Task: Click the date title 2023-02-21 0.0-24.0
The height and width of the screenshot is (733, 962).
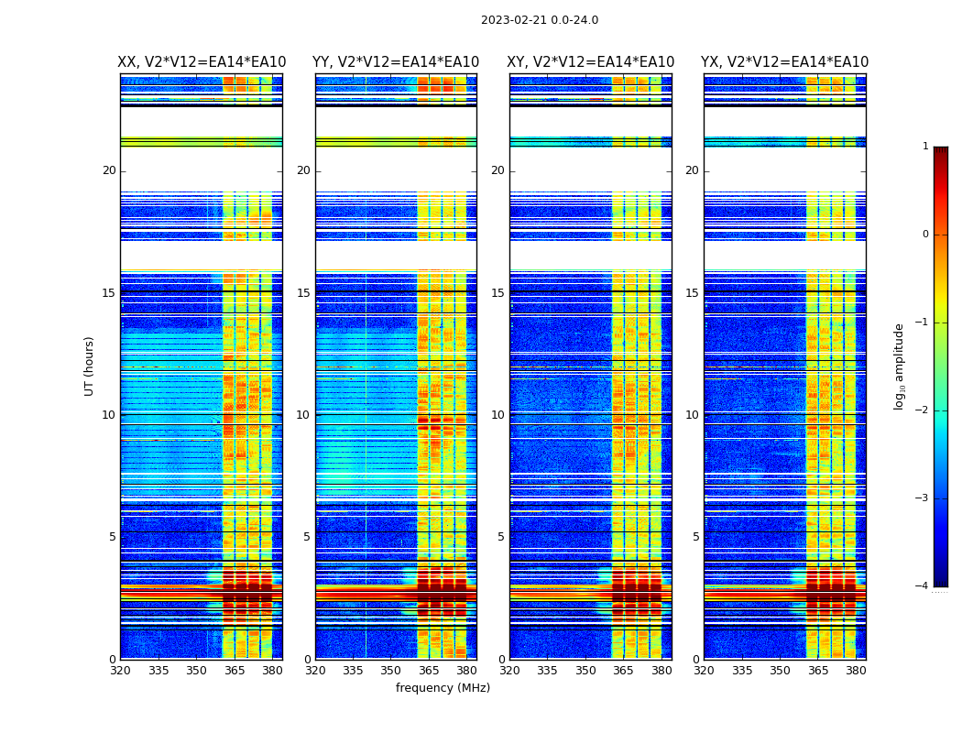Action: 540,20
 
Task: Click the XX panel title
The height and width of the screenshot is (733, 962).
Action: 202,62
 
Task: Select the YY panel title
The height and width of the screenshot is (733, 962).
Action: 396,62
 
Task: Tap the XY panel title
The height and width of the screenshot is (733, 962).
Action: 591,62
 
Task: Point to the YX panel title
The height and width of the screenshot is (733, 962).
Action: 785,62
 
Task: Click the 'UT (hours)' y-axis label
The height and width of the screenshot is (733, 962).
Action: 89,366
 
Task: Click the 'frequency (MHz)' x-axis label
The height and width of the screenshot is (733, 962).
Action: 443,688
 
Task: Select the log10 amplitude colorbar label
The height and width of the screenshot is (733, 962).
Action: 900,366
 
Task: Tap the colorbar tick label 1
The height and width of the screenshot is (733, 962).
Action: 925,147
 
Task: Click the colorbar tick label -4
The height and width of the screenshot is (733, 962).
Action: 923,586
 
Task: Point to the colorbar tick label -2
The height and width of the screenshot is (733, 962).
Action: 923,410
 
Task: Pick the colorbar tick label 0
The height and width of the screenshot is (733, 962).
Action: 925,235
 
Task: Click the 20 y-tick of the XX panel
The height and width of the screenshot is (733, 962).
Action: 109,170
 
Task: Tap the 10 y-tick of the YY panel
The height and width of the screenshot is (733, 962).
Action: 303,415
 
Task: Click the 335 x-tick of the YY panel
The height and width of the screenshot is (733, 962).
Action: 354,670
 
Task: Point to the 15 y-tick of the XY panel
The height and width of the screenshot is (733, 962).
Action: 497,293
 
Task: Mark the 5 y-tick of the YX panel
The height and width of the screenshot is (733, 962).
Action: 695,537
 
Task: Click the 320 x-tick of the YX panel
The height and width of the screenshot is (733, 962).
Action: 705,670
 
